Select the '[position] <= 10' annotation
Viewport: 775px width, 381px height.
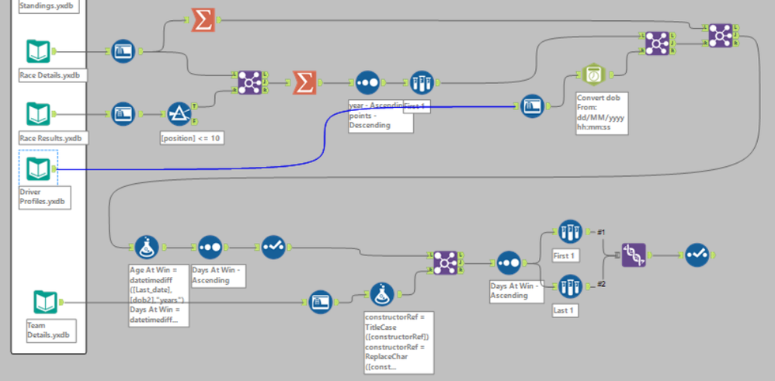tap(192, 137)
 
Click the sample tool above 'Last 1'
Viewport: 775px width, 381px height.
tap(569, 286)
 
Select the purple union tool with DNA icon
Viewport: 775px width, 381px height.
tap(633, 255)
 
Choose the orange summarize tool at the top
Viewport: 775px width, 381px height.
tap(203, 21)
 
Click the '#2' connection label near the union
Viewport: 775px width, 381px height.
tap(600, 284)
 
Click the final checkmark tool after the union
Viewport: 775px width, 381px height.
tap(696, 255)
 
